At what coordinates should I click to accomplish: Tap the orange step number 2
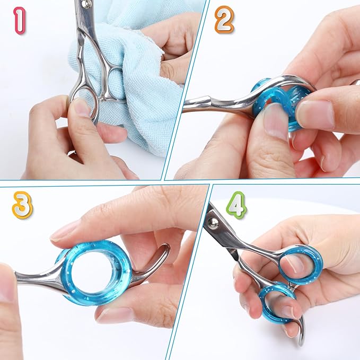coord(224,20)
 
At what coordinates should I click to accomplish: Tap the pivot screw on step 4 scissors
coord(215,221)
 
